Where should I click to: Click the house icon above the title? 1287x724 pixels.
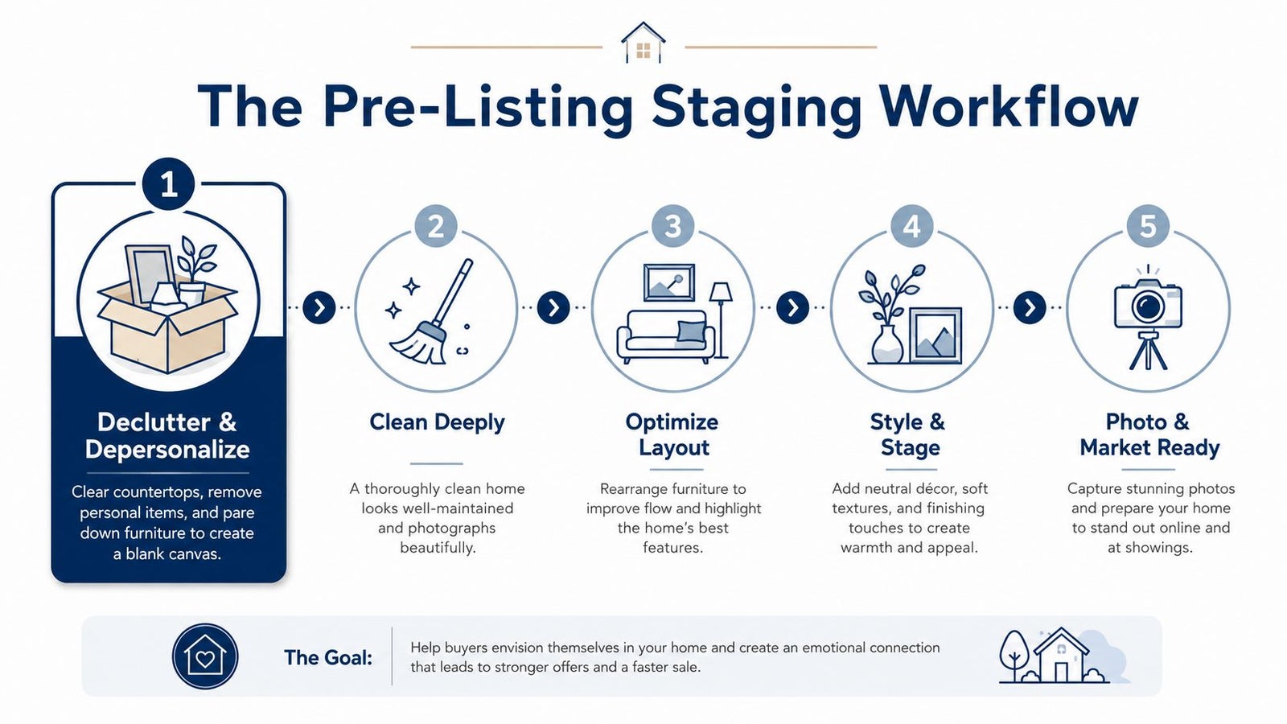click(643, 43)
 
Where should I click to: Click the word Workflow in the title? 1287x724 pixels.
click(1009, 107)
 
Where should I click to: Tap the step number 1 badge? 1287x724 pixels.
click(168, 184)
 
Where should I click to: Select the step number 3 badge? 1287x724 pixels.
click(673, 226)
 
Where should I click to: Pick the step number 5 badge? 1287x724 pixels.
click(1148, 226)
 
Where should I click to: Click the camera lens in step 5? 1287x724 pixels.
click(1148, 306)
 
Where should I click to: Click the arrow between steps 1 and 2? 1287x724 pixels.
click(319, 307)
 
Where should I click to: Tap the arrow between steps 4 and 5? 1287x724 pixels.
click(1030, 307)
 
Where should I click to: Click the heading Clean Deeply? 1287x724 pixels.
click(438, 423)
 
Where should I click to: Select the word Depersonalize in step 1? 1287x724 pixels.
click(167, 450)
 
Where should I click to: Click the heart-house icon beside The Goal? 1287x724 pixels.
click(205, 656)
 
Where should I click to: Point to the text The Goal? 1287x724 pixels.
click(328, 657)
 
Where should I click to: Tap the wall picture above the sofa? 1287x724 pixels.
click(668, 282)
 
